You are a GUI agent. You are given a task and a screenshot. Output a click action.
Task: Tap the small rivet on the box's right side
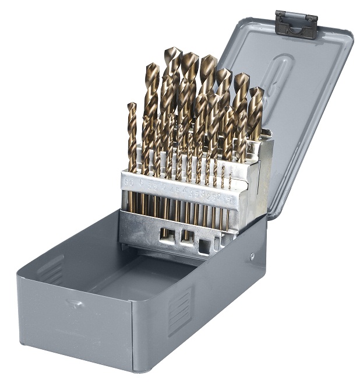click(252, 256)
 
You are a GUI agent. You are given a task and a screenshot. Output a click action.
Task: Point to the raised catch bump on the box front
click(74, 303)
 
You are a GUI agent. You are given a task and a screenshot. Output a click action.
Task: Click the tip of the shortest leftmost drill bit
click(132, 106)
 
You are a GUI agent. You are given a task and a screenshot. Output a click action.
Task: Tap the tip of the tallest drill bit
click(172, 51)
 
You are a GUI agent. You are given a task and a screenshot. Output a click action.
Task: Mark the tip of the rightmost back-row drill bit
click(256, 90)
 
